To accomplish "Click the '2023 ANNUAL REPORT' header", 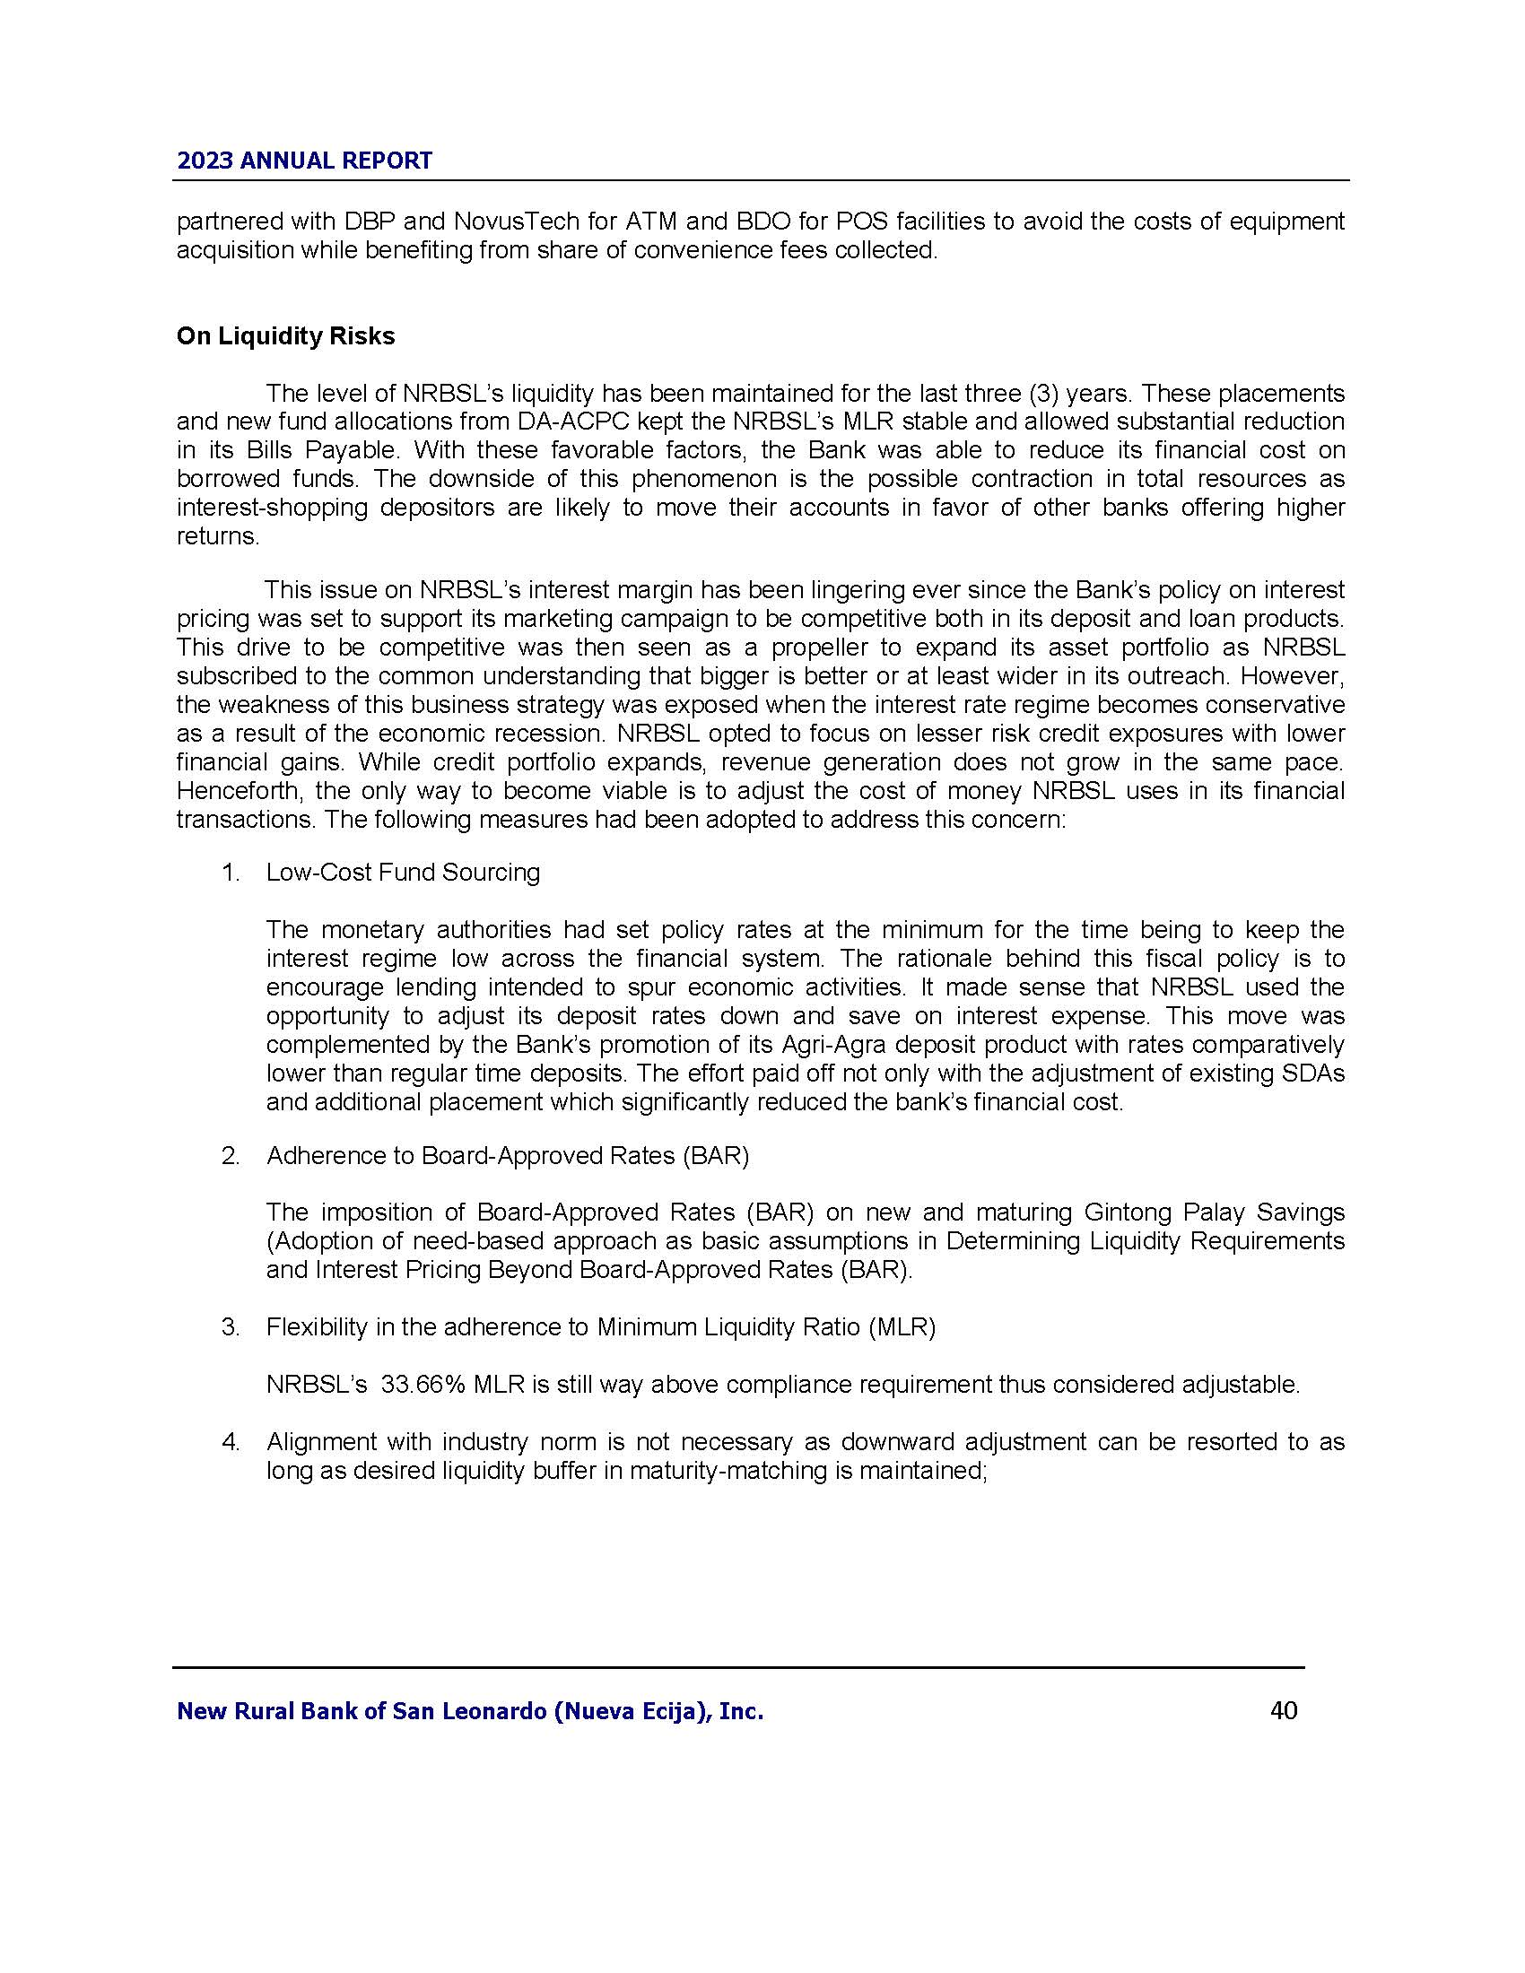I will [304, 161].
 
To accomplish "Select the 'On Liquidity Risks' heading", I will [285, 336].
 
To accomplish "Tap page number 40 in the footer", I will [1284, 1710].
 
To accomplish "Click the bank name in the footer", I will [470, 1711].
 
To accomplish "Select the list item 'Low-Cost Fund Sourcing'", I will [403, 872].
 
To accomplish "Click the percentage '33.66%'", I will [423, 1384].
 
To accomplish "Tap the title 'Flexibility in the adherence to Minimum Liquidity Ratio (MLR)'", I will [601, 1327].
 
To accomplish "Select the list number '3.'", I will [231, 1327].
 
